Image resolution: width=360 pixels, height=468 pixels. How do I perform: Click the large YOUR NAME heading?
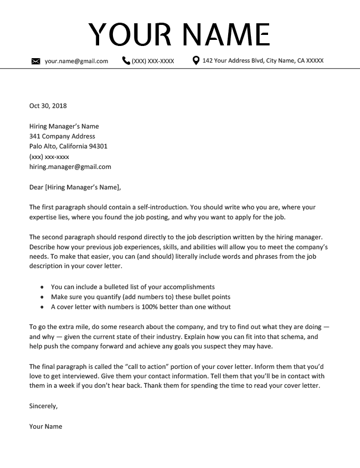[179, 34]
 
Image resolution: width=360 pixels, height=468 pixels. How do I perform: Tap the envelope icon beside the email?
[36, 61]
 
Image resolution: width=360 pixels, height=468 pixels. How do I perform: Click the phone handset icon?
[126, 60]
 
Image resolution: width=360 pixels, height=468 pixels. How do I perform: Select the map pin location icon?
[196, 60]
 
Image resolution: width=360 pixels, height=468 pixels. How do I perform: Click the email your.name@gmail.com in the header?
[76, 61]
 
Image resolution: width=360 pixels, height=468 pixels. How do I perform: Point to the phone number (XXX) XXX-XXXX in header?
[153, 61]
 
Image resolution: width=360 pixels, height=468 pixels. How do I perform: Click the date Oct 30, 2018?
[48, 106]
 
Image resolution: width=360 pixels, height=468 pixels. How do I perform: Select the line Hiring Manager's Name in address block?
[64, 126]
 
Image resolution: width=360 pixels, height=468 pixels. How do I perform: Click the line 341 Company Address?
[62, 136]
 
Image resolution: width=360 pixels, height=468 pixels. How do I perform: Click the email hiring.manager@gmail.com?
[70, 166]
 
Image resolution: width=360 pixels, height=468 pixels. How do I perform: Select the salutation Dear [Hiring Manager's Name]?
[75, 187]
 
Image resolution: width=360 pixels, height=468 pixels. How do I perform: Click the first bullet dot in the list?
[43, 287]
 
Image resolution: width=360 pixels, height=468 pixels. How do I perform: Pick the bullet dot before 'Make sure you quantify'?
[43, 297]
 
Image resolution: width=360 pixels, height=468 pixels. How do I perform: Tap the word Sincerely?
[43, 406]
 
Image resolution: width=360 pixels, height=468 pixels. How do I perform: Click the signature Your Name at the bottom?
[46, 426]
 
